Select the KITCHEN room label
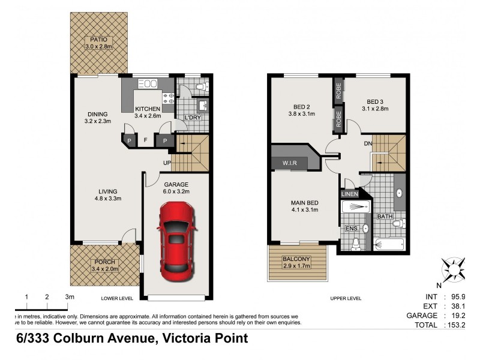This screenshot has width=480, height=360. coord(148,109)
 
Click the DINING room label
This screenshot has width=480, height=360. coord(97,114)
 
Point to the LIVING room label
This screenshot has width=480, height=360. coord(108,192)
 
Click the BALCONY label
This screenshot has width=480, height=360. coord(297,260)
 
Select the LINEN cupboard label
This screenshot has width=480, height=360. coord(349,194)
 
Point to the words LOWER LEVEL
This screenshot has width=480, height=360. coord(116,297)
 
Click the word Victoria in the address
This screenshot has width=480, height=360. coord(185,338)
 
